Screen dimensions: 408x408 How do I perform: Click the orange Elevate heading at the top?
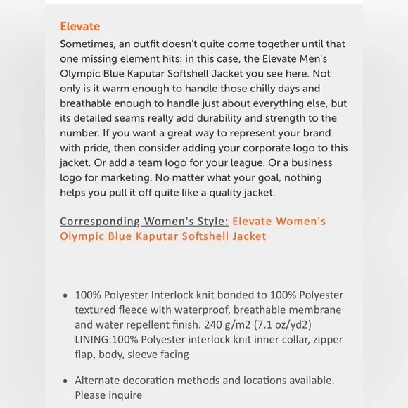coord(79,27)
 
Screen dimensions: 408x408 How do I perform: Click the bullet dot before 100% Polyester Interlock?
coord(65,295)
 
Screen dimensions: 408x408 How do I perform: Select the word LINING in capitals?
coord(93,339)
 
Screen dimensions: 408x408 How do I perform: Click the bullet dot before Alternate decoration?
coord(65,381)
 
